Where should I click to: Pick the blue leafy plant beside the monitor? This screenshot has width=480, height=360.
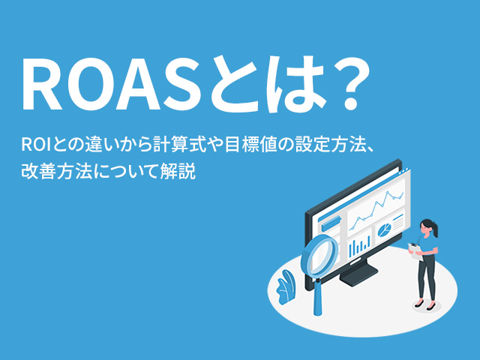[285, 285]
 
